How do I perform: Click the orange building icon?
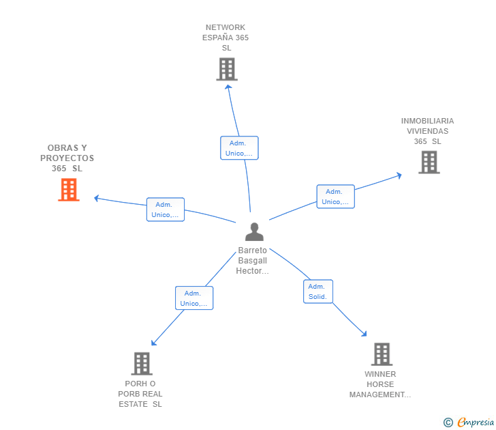[x=68, y=190]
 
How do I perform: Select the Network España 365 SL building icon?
[x=226, y=69]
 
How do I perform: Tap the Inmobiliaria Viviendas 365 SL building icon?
[x=429, y=162]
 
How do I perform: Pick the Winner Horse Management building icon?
[x=381, y=354]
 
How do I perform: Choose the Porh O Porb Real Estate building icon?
[x=141, y=363]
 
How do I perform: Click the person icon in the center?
[x=254, y=232]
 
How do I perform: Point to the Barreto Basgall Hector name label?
[x=252, y=261]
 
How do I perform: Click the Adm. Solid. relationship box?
[x=317, y=291]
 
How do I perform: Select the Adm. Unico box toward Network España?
[x=238, y=148]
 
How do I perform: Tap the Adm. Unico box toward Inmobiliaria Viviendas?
[x=335, y=197]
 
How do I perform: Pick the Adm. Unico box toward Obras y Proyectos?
[x=165, y=210]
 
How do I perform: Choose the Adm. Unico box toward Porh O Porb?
[x=193, y=298]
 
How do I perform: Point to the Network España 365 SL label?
[x=226, y=38]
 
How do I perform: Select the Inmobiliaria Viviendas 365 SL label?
[x=427, y=131]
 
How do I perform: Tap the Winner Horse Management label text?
[x=379, y=384]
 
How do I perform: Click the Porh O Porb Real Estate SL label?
[x=140, y=394]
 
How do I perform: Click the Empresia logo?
[x=474, y=422]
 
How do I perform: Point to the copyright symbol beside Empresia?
[x=448, y=422]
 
